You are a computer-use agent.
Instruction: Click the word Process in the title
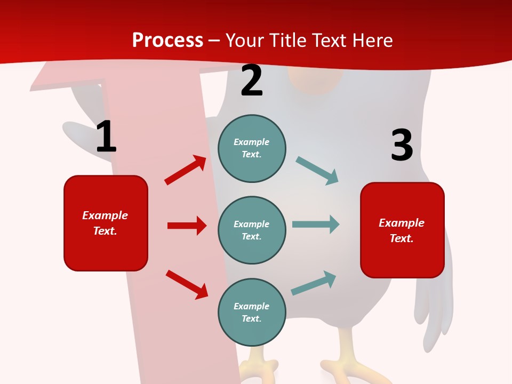click(x=167, y=41)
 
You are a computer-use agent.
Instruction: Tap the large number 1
click(x=106, y=137)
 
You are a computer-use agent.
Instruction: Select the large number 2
click(x=252, y=81)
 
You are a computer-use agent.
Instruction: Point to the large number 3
click(x=402, y=145)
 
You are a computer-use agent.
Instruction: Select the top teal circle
click(x=252, y=148)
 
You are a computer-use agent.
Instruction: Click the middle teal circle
click(x=252, y=230)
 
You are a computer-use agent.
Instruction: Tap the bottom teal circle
click(x=252, y=312)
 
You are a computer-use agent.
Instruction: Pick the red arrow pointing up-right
click(x=185, y=170)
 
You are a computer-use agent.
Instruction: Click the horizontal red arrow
click(x=187, y=226)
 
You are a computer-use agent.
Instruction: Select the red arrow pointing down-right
click(x=187, y=284)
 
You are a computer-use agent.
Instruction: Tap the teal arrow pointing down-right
click(x=317, y=170)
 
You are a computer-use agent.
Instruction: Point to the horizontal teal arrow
click(x=315, y=224)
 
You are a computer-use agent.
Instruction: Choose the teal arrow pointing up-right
click(x=314, y=283)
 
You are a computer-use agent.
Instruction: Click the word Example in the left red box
click(x=105, y=215)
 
